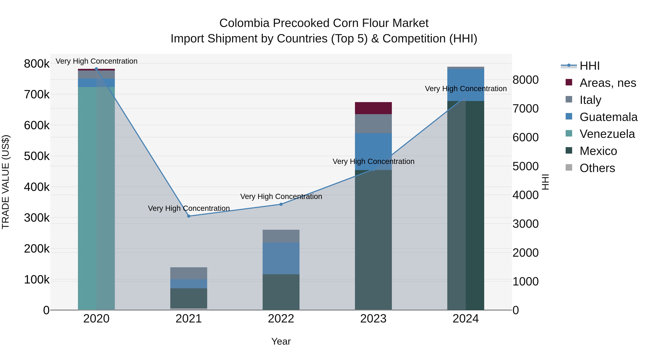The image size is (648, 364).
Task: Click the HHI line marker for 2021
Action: (x=189, y=216)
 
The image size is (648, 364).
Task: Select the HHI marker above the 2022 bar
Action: (x=281, y=204)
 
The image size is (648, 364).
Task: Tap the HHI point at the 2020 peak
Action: (x=96, y=69)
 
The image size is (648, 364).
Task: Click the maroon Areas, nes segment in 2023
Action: (x=373, y=108)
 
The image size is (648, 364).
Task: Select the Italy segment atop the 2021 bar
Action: (x=189, y=273)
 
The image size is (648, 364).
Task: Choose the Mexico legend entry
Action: (x=598, y=151)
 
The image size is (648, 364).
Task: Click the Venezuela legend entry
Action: (x=607, y=134)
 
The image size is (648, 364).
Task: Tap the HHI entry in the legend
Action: (x=589, y=66)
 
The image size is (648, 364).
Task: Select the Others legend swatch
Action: (x=569, y=168)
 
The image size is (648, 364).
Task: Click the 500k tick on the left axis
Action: (x=37, y=156)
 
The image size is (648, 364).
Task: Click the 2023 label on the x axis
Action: (x=373, y=319)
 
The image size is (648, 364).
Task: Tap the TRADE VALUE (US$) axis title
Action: (x=6, y=182)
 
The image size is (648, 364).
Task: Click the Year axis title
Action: (x=281, y=341)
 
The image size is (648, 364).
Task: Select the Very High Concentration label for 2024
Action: (x=466, y=89)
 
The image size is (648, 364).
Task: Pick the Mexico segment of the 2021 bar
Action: (x=189, y=298)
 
